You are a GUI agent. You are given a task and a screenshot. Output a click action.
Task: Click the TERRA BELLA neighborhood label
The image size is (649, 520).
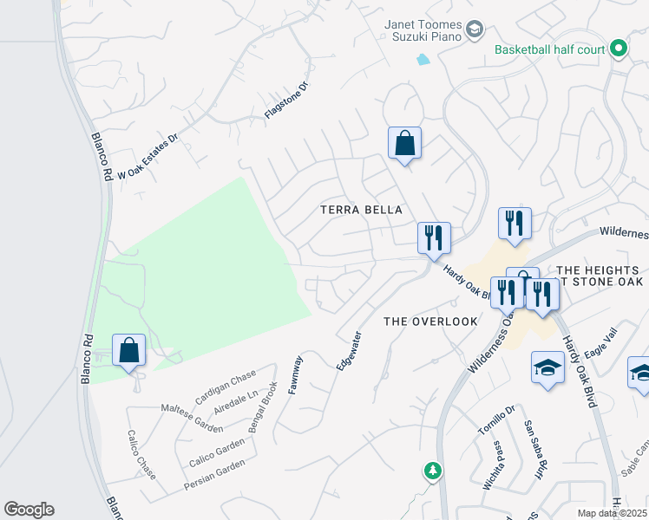pos(362,210)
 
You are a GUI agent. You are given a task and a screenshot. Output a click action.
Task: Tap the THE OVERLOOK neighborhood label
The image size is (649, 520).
pos(431,322)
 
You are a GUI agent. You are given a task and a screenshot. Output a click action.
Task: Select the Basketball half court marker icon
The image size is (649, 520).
pos(618,49)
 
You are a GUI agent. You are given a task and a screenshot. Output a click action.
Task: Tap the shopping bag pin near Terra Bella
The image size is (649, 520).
pos(404,143)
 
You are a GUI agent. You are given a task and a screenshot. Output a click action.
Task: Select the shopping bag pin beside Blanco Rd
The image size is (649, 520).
pos(128,351)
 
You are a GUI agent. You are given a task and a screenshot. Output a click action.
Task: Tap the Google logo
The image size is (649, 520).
pos(29,510)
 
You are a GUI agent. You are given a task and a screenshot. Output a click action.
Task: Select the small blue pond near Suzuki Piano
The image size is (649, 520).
pos(423,60)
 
